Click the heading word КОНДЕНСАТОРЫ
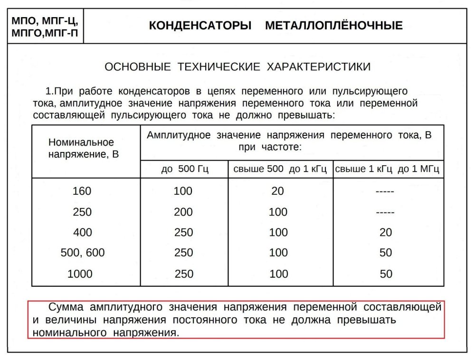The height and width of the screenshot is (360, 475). point(200,26)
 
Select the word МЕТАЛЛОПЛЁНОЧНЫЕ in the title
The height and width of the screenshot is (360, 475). point(333,26)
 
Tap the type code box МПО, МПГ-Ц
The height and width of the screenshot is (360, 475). point(44,21)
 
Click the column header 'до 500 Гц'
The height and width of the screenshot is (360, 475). point(184,170)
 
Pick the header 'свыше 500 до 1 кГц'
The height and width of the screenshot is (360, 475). point(280,170)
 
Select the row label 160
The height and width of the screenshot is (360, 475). point(82,191)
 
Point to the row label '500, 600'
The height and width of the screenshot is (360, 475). point(82,253)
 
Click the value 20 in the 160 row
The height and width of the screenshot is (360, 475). point(277,191)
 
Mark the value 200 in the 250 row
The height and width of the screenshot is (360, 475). point(183,212)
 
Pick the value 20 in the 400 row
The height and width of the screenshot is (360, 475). point(386,232)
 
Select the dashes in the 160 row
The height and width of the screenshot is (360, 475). point(385,191)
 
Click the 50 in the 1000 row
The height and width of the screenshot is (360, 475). point(386,274)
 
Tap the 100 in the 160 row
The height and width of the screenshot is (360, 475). point(183,191)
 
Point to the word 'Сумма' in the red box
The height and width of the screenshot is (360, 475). point(68,307)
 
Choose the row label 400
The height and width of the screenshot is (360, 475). point(82,232)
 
